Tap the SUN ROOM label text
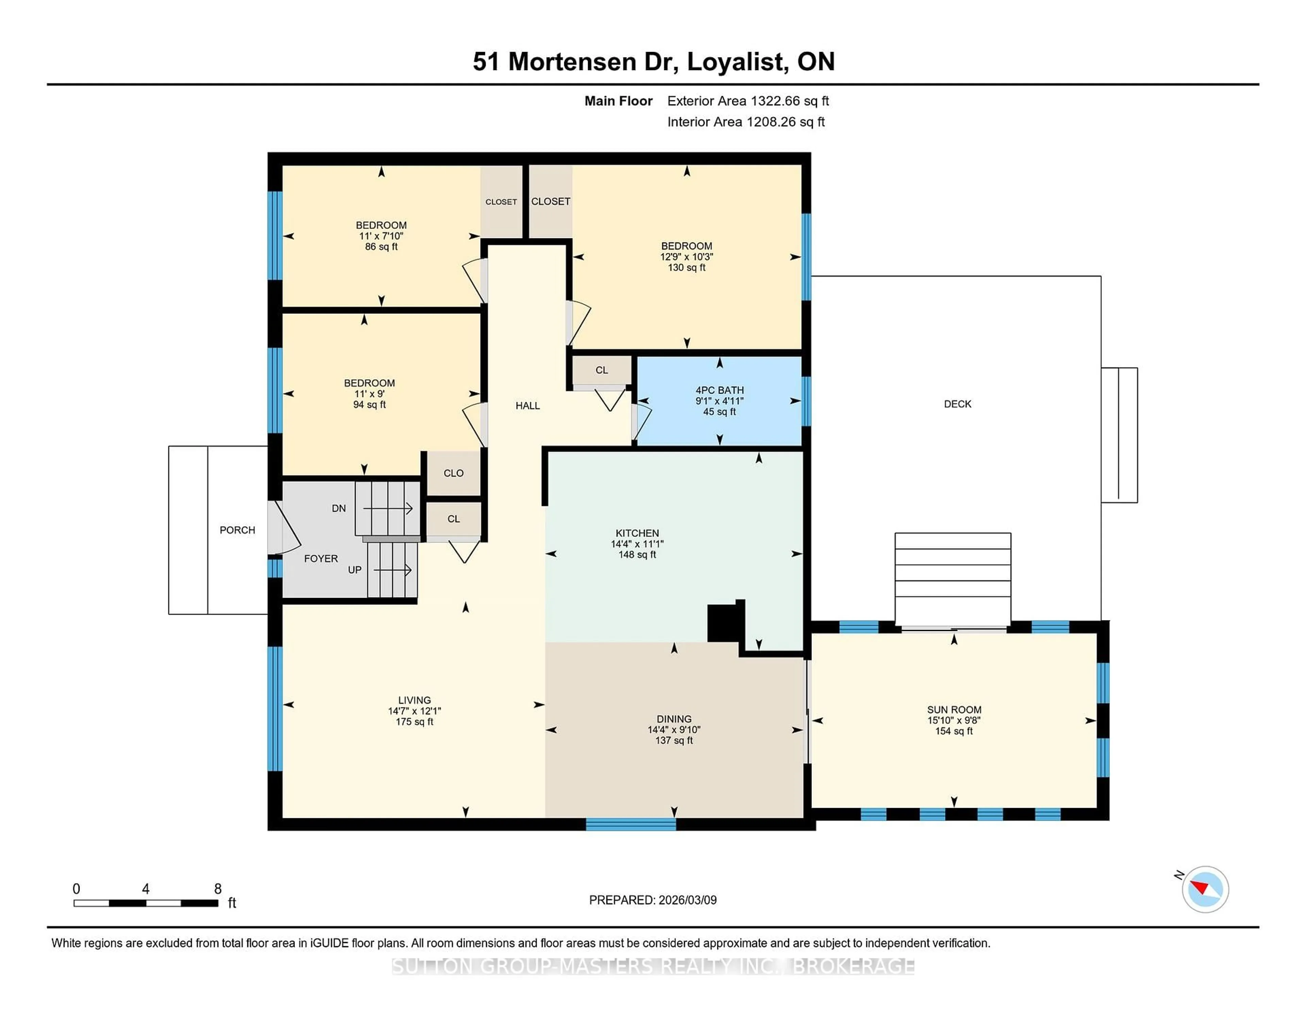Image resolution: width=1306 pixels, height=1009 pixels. pyautogui.click(x=954, y=709)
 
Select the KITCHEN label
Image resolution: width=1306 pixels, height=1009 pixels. pyautogui.click(x=637, y=533)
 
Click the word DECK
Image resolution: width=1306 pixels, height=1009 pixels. pyautogui.click(x=957, y=404)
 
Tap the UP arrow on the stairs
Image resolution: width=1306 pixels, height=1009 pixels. pyautogui.click(x=392, y=570)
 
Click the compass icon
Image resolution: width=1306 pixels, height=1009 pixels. pyautogui.click(x=1205, y=889)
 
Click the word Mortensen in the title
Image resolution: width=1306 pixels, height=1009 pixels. pyautogui.click(x=572, y=62)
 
